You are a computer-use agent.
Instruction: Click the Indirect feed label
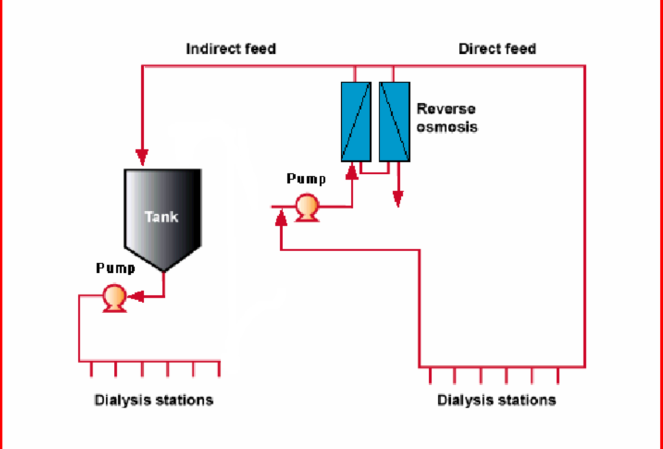[230, 49]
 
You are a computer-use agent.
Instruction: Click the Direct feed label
[497, 49]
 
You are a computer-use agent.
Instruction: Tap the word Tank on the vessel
[162, 216]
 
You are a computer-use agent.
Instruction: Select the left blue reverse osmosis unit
[355, 121]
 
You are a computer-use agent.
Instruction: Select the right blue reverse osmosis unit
[394, 121]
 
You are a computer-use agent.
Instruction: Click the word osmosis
[447, 127]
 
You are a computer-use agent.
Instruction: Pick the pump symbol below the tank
[115, 298]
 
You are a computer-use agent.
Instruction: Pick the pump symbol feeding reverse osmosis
[306, 208]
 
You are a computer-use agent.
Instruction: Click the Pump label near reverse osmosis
[306, 179]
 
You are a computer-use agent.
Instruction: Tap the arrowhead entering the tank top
[142, 157]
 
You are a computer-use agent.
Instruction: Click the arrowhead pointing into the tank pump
[135, 297]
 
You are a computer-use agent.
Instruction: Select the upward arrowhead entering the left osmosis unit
[352, 171]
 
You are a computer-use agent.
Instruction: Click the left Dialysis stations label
[153, 400]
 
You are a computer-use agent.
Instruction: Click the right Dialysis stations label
[497, 400]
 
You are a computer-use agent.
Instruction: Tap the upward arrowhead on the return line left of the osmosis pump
[281, 219]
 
